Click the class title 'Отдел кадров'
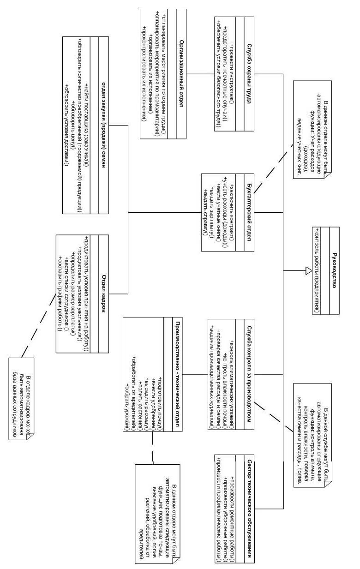104,293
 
